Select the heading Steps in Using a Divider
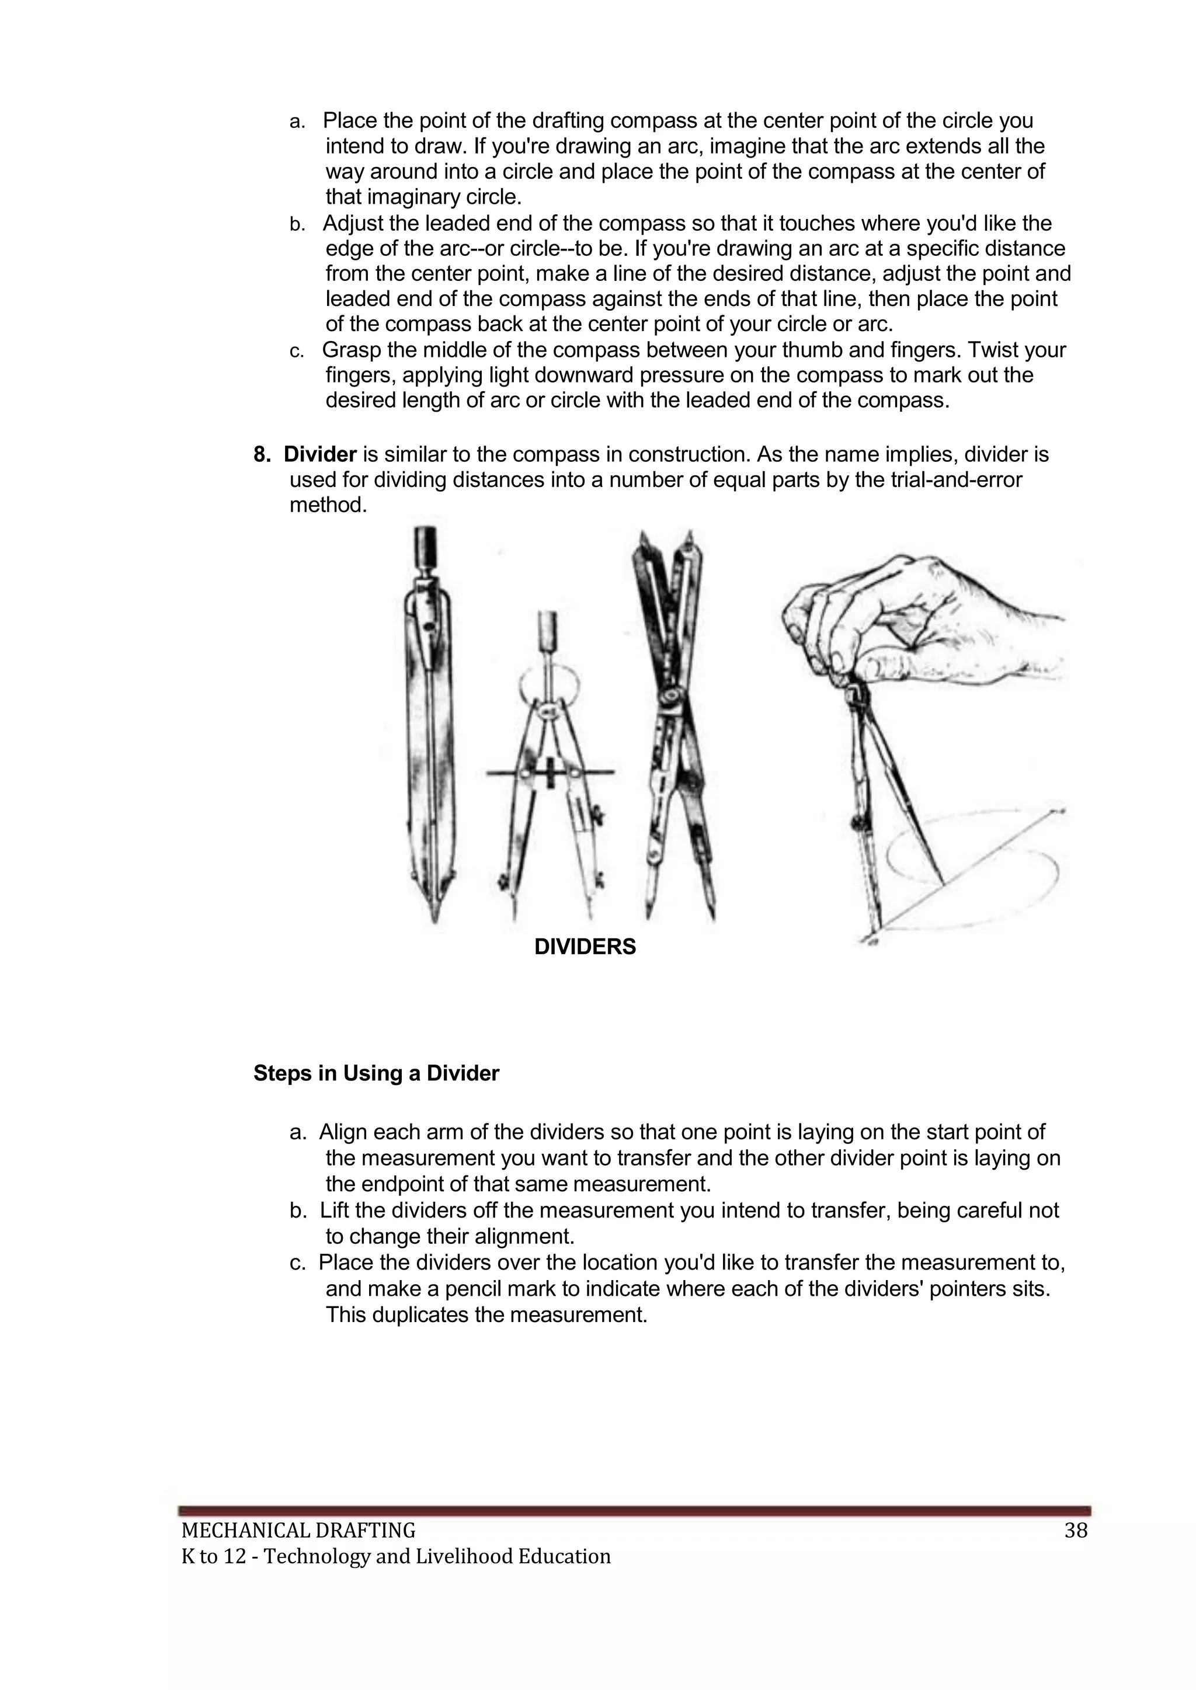coord(376,1074)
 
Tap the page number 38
coord(1075,1532)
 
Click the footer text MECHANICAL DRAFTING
coord(298,1532)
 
